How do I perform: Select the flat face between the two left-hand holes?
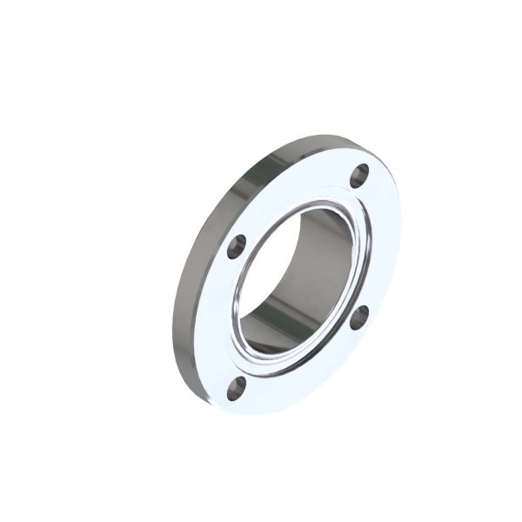[228, 318]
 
